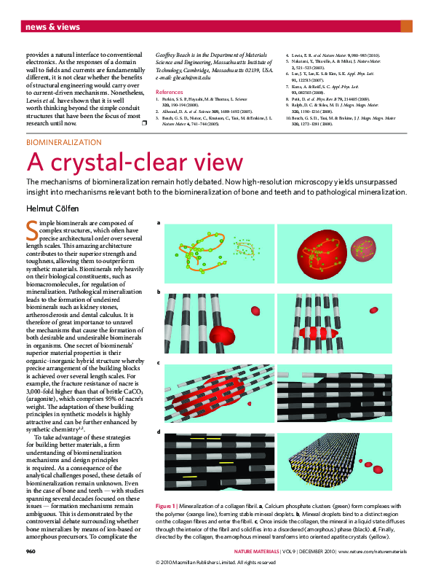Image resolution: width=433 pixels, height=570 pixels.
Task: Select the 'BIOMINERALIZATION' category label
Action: click(x=64, y=143)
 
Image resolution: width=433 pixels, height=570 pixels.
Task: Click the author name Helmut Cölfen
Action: click(x=52, y=208)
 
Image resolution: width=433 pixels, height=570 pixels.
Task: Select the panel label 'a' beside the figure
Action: click(x=159, y=223)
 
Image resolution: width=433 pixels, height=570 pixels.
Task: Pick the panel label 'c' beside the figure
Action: click(x=159, y=362)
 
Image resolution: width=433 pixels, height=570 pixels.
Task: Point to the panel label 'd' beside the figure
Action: click(x=159, y=432)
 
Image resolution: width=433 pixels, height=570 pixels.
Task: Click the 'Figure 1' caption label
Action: click(x=170, y=505)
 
